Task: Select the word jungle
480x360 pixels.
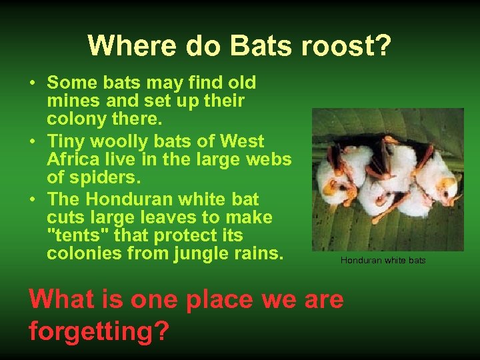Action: click(185, 253)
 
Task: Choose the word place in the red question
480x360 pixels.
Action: click(219, 299)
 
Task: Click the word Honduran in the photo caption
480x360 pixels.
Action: click(361, 260)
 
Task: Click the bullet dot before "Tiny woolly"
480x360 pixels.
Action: click(32, 142)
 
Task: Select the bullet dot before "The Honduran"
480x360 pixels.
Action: click(32, 200)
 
